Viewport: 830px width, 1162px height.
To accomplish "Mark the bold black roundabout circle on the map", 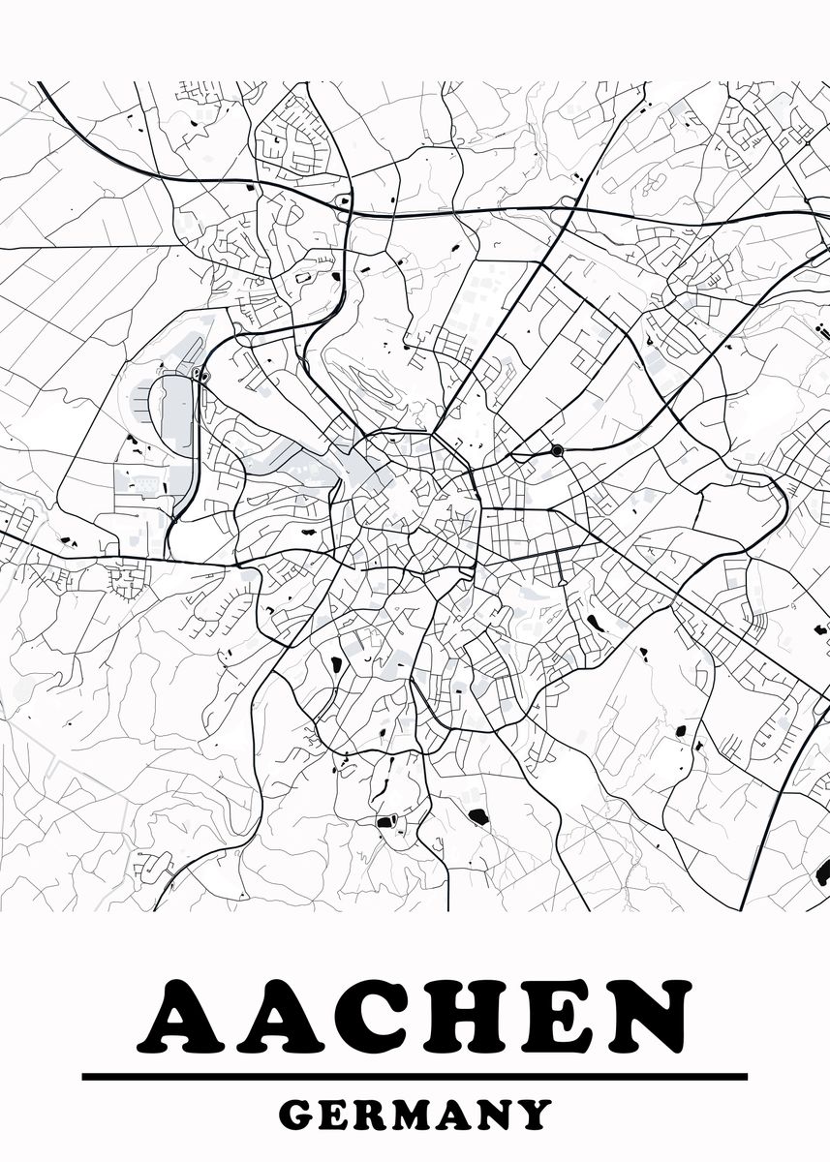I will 557,449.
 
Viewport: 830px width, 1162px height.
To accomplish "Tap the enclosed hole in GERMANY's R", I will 379,1108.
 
